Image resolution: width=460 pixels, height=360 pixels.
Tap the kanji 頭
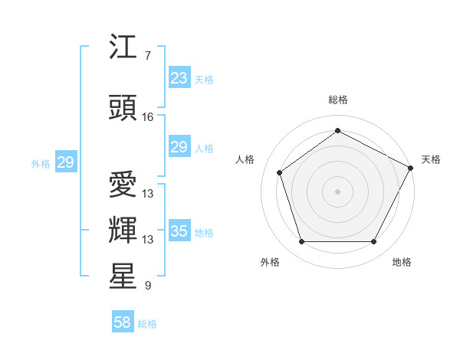click(x=123, y=109)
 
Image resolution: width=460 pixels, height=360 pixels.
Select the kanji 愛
click(x=123, y=185)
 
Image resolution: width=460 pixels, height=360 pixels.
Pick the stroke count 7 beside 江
click(x=148, y=56)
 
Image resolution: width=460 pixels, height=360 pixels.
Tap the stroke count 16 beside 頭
click(x=148, y=117)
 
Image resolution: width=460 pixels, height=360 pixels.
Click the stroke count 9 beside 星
click(x=148, y=286)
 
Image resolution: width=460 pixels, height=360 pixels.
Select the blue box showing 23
click(x=179, y=78)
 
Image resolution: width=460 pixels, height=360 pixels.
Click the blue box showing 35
click(x=179, y=231)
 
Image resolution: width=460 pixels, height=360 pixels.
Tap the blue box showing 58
click(x=123, y=323)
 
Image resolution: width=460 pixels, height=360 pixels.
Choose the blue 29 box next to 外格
click(x=65, y=162)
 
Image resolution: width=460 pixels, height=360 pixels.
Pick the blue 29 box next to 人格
click(x=179, y=147)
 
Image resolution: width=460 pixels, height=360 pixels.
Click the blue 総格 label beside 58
click(x=147, y=324)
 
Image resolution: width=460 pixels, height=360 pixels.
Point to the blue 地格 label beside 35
click(x=204, y=232)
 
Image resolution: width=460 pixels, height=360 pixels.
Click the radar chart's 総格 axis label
click(x=337, y=100)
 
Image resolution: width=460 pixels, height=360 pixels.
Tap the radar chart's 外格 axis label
click(x=270, y=262)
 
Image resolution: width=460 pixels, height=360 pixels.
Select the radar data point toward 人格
click(x=280, y=172)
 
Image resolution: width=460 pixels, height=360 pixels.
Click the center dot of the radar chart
click(x=337, y=191)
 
